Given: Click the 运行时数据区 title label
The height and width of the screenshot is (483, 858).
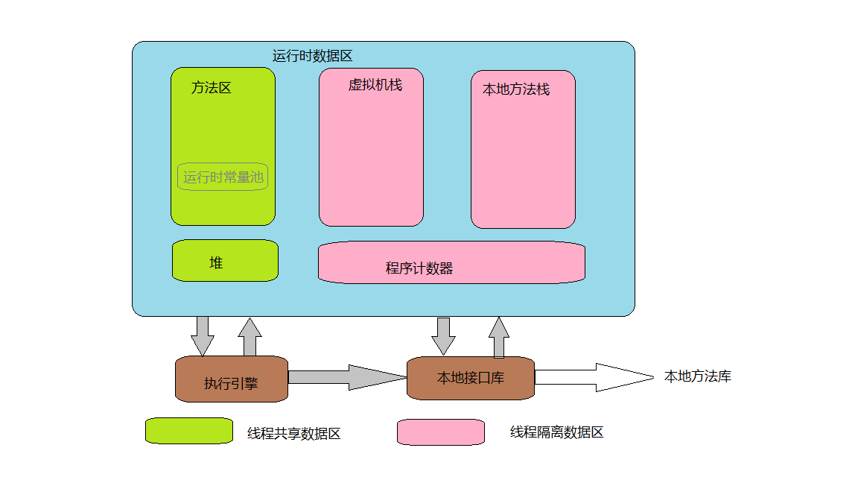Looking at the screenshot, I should click(x=312, y=56).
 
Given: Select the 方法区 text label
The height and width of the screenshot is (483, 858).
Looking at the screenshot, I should click(x=212, y=88).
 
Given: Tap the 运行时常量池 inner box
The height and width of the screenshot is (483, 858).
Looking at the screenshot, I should click(x=223, y=177).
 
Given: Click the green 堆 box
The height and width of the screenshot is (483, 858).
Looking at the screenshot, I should click(x=225, y=261).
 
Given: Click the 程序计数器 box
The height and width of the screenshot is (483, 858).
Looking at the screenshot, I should click(x=451, y=262).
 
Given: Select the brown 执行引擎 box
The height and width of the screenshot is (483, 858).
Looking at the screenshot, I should click(x=231, y=379).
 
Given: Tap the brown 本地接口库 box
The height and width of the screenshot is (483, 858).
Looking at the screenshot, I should click(x=471, y=377).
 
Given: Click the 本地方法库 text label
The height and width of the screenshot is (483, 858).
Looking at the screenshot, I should click(x=698, y=377).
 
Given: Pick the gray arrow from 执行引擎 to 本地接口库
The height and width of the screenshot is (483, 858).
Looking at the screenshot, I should click(x=347, y=377).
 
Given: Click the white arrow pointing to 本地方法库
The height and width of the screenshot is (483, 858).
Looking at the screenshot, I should click(x=593, y=377).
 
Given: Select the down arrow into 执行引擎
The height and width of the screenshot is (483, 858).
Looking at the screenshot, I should click(x=203, y=336).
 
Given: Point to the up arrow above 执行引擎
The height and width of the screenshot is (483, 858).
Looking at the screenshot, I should click(x=250, y=337).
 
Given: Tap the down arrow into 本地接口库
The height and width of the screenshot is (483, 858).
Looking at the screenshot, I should click(x=444, y=336).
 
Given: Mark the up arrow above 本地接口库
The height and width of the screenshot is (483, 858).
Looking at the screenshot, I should click(x=499, y=337).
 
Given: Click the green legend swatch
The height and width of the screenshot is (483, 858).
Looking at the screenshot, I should click(x=189, y=431).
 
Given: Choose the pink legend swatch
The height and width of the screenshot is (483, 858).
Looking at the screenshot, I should click(x=441, y=432).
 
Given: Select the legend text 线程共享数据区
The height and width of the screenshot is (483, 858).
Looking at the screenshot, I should click(x=294, y=434).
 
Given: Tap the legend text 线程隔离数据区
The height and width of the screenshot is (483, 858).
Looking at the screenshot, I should click(x=556, y=432).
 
